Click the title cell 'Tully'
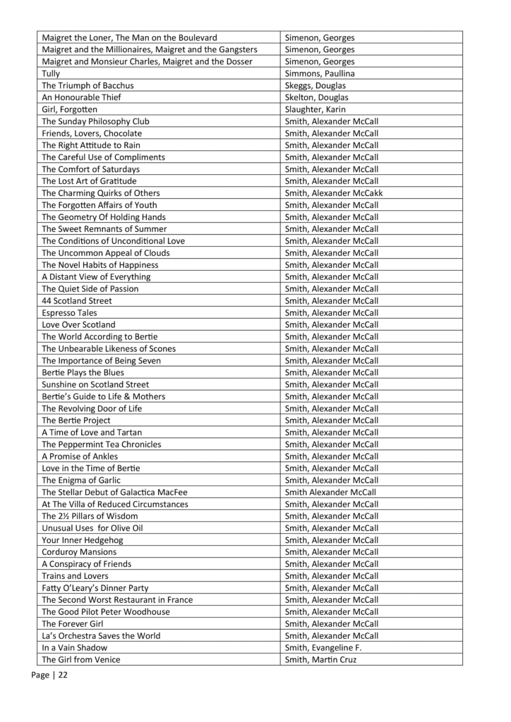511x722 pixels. pos(51,73)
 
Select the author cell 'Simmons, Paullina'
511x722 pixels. pos(320,73)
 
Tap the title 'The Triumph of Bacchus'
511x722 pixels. pos(88,85)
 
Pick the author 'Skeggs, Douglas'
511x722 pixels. pos(315,85)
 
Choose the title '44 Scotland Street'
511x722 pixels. pos(77,300)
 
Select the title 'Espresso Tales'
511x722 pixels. pos(69,312)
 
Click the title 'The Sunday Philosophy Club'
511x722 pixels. pos(95,121)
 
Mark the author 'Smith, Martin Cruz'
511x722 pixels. pos(321,659)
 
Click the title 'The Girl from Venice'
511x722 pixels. pos(81,659)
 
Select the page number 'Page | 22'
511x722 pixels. pos(49,675)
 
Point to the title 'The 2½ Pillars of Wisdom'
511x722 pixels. pos(90,516)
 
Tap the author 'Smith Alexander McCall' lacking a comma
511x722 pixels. pos(330,492)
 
